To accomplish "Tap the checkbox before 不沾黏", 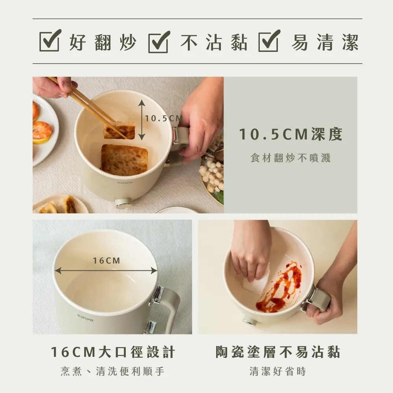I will pyautogui.click(x=159, y=41).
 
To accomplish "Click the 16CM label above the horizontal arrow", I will pyautogui.click(x=107, y=261).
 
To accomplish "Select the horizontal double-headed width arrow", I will pyautogui.click(x=106, y=270).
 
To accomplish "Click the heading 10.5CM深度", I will pyautogui.click(x=291, y=135).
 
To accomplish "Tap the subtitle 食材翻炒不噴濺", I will pyautogui.click(x=290, y=158).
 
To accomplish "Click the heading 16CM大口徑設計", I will pyautogui.click(x=113, y=352).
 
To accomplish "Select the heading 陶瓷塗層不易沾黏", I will pyautogui.click(x=278, y=352).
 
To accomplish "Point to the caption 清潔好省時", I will pyautogui.click(x=278, y=371).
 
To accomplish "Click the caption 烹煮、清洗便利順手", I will pyautogui.click(x=113, y=371).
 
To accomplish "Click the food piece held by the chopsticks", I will pyautogui.click(x=119, y=130).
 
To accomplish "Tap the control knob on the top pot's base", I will pyautogui.click(x=123, y=203).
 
